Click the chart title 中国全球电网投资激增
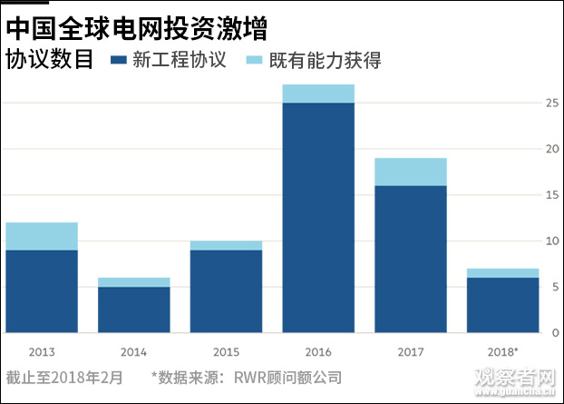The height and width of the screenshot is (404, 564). (x=136, y=26)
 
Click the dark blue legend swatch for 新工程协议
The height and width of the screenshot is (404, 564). (x=117, y=61)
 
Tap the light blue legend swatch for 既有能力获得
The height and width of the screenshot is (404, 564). (x=254, y=61)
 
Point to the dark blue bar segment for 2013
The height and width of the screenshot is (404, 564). (x=41, y=291)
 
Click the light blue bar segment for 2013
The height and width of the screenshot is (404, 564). (x=41, y=236)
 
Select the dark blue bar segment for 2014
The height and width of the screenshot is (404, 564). (x=133, y=310)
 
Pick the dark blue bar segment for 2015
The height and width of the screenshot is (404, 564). (x=226, y=291)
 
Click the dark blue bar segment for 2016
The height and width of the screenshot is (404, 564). (x=318, y=218)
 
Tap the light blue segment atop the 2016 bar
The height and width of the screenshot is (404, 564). (x=318, y=94)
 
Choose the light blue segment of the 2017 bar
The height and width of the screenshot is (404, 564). (x=411, y=172)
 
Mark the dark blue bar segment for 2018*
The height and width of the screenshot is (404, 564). (x=502, y=305)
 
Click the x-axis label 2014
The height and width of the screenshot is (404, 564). (x=133, y=350)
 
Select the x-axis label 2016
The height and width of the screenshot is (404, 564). (x=318, y=350)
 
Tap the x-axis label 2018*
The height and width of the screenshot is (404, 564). (x=503, y=350)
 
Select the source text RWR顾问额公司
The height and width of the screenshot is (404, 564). (x=287, y=377)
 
